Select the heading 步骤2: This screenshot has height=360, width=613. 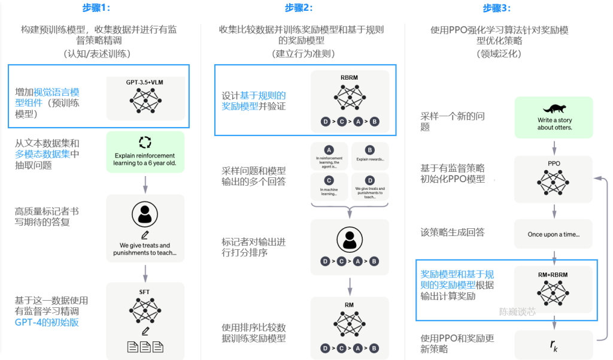point(299,8)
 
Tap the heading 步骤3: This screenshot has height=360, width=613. point(497,8)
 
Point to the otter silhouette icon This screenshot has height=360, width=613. point(554,109)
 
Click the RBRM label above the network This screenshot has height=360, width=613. point(350,77)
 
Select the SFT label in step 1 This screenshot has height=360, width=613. point(144,292)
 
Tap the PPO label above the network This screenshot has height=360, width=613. point(554,162)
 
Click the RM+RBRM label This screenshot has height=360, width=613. point(553,274)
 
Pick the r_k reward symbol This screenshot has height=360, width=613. point(554,345)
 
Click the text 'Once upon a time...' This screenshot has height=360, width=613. point(553,234)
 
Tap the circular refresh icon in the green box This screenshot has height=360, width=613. point(145,142)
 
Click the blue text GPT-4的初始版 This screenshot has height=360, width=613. point(47,322)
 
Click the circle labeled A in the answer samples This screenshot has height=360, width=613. point(329,149)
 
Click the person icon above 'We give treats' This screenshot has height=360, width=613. point(145,215)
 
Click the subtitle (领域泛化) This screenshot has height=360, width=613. point(499,53)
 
